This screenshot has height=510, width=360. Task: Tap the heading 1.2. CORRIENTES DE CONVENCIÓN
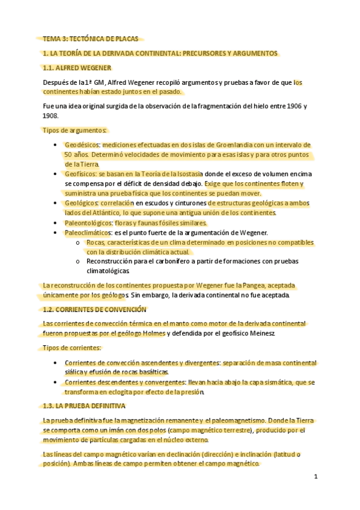click(94, 309)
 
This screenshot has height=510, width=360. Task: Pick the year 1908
click(51, 115)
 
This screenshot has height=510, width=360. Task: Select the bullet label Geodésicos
click(82, 145)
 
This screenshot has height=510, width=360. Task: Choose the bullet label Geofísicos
click(82, 174)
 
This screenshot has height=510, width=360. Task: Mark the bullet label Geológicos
click(82, 203)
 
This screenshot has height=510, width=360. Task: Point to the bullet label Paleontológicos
click(89, 223)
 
